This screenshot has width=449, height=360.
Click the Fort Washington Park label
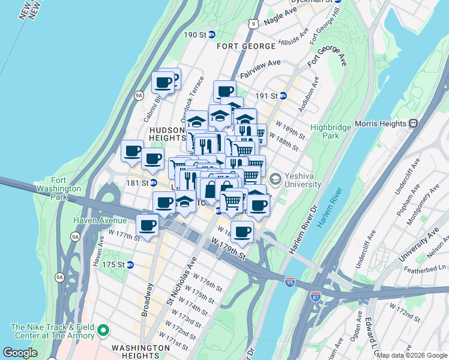pos(67,188)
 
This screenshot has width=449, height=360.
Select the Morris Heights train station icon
pos(413,123)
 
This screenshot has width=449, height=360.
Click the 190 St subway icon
pos(212,35)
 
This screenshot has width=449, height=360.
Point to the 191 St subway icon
pos(283,95)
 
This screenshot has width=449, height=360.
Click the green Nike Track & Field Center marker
pos(103,330)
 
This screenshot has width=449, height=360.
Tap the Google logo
pos(20,352)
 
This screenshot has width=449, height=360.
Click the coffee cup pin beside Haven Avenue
pos(146,226)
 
